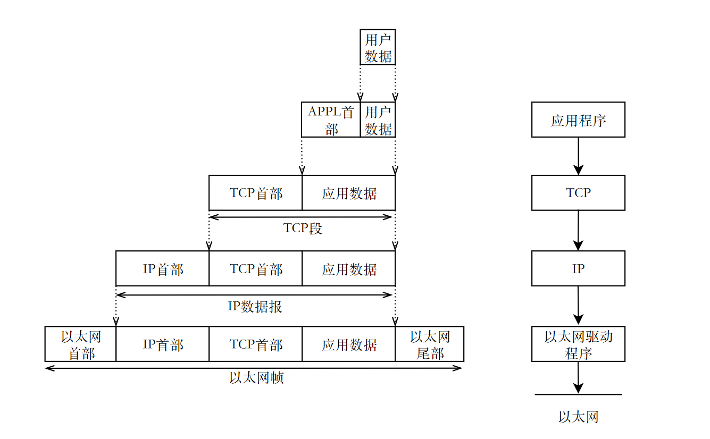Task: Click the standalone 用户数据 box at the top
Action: pyautogui.click(x=378, y=47)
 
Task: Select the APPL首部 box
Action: pyautogui.click(x=331, y=120)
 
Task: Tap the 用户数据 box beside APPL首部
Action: pyautogui.click(x=378, y=120)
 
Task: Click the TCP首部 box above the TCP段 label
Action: pyautogui.click(x=255, y=193)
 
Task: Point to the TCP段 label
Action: pyautogui.click(x=303, y=229)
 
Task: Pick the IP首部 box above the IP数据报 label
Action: pyautogui.click(x=162, y=269)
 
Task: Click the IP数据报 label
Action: pyautogui.click(x=255, y=307)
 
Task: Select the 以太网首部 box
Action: pyautogui.click(x=81, y=344)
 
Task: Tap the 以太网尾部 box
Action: pyautogui.click(x=429, y=344)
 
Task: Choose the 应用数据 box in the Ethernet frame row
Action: pyautogui.click(x=348, y=344)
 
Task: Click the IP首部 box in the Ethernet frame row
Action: pyautogui.click(x=162, y=344)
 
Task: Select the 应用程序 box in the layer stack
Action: pyautogui.click(x=578, y=120)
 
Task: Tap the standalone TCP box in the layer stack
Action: pyautogui.click(x=578, y=193)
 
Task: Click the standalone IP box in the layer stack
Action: pyautogui.click(x=578, y=269)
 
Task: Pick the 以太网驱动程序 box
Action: pyautogui.click(x=578, y=344)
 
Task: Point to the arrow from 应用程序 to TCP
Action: pyautogui.click(x=578, y=156)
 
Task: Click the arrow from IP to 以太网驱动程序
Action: pyautogui.click(x=578, y=307)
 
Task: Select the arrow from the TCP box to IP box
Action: pyautogui.click(x=578, y=231)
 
